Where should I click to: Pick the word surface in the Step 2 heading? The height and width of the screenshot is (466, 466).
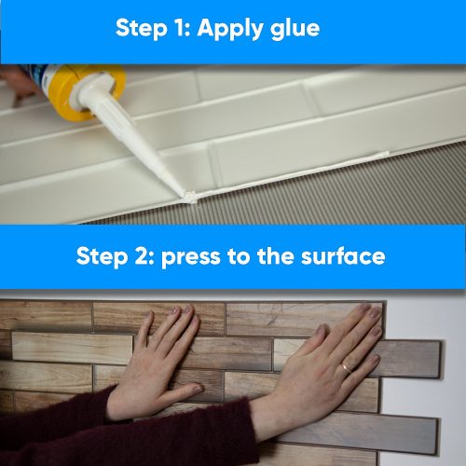341,256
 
